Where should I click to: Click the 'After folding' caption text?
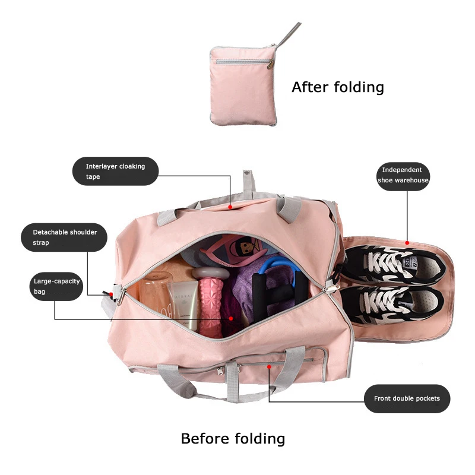(x=337, y=87)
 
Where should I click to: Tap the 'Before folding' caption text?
(x=233, y=439)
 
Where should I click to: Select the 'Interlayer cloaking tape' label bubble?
(x=109, y=172)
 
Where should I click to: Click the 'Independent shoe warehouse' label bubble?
(x=403, y=175)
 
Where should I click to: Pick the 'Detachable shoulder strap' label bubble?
(x=64, y=237)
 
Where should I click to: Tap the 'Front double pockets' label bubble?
(x=407, y=398)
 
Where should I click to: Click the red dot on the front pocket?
(x=269, y=367)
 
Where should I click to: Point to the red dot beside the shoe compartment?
(x=408, y=242)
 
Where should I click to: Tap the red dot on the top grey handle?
(x=231, y=208)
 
